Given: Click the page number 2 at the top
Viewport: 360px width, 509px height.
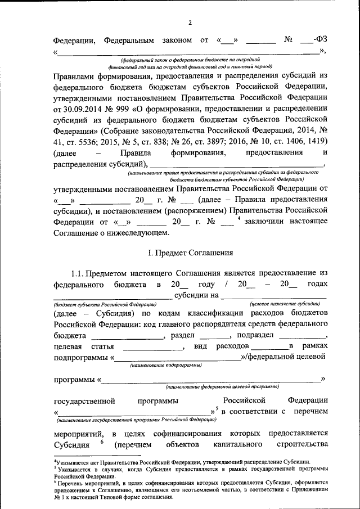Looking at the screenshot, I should pyautogui.click(x=190, y=22).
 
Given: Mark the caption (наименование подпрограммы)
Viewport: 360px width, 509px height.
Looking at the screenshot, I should pyautogui.click(x=166, y=365).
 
